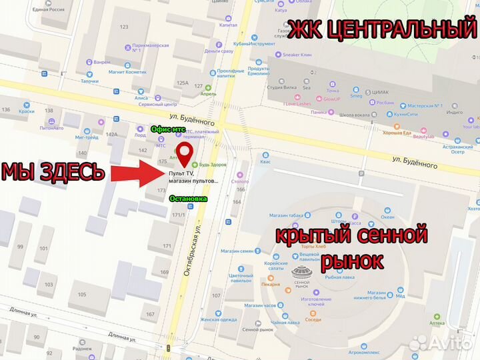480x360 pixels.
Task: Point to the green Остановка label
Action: point(188,198)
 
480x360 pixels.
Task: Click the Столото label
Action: point(239,181)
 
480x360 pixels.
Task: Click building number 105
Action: point(82,294)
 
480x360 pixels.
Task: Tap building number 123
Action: point(123,27)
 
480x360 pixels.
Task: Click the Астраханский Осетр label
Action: point(457,149)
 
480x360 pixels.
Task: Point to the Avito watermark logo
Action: point(441,342)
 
